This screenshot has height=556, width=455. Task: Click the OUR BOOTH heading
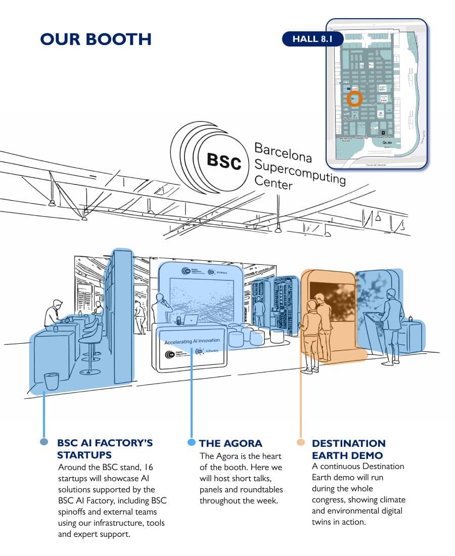[x=96, y=39]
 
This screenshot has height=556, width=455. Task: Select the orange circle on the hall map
[x=354, y=98]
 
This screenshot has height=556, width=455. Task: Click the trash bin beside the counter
[x=51, y=381]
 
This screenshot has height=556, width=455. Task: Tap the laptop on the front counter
[x=191, y=320]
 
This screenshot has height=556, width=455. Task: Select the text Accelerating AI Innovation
[x=192, y=341]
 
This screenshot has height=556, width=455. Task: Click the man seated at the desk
[x=54, y=314]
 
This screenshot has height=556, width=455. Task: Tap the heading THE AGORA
[x=231, y=443]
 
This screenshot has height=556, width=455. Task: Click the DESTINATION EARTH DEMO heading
[x=348, y=449]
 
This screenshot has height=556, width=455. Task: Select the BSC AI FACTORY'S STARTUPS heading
[x=105, y=449]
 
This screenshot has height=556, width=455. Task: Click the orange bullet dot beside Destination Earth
[x=301, y=442]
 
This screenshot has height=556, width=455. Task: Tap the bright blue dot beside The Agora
[x=191, y=442]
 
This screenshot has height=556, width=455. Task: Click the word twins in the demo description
[x=324, y=522]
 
